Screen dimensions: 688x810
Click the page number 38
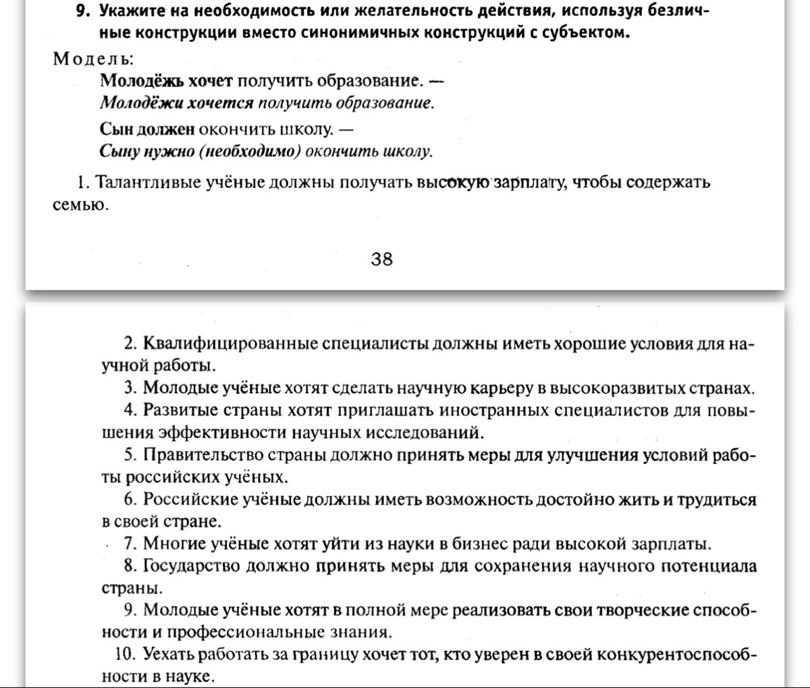point(381,259)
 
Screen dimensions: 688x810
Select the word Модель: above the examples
point(94,58)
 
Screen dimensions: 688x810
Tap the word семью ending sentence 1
point(78,205)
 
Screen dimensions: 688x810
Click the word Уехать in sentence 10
point(167,654)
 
